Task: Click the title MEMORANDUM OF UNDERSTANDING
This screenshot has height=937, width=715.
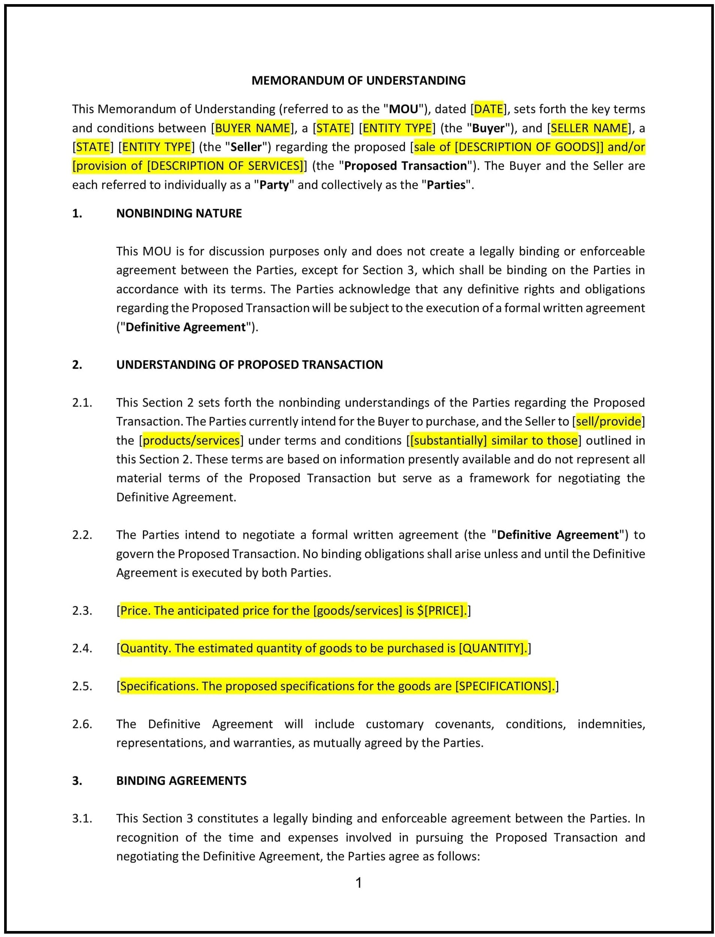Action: pos(358,81)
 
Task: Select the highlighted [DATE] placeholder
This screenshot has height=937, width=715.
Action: pos(489,109)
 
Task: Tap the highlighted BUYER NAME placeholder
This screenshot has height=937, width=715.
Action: pos(252,128)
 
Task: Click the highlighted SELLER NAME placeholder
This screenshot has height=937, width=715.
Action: pos(589,128)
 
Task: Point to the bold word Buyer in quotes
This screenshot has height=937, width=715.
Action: pos(488,128)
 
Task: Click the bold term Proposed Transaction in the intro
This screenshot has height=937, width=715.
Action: pos(405,166)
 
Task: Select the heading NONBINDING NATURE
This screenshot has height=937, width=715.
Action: pos(179,213)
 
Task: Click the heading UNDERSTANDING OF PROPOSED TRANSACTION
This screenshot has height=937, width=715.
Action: pos(249,365)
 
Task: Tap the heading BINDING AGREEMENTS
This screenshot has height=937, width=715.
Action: pos(181,780)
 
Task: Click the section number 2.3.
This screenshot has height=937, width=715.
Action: pos(82,610)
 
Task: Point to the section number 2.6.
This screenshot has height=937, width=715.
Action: pos(82,724)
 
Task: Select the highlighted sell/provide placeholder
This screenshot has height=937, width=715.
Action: pos(608,421)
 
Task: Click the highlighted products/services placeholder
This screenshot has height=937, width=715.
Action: pos(191,440)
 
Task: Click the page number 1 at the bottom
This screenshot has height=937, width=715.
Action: pos(358,883)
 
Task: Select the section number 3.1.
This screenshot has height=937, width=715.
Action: pos(82,818)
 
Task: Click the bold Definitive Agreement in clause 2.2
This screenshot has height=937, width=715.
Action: pos(558,535)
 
